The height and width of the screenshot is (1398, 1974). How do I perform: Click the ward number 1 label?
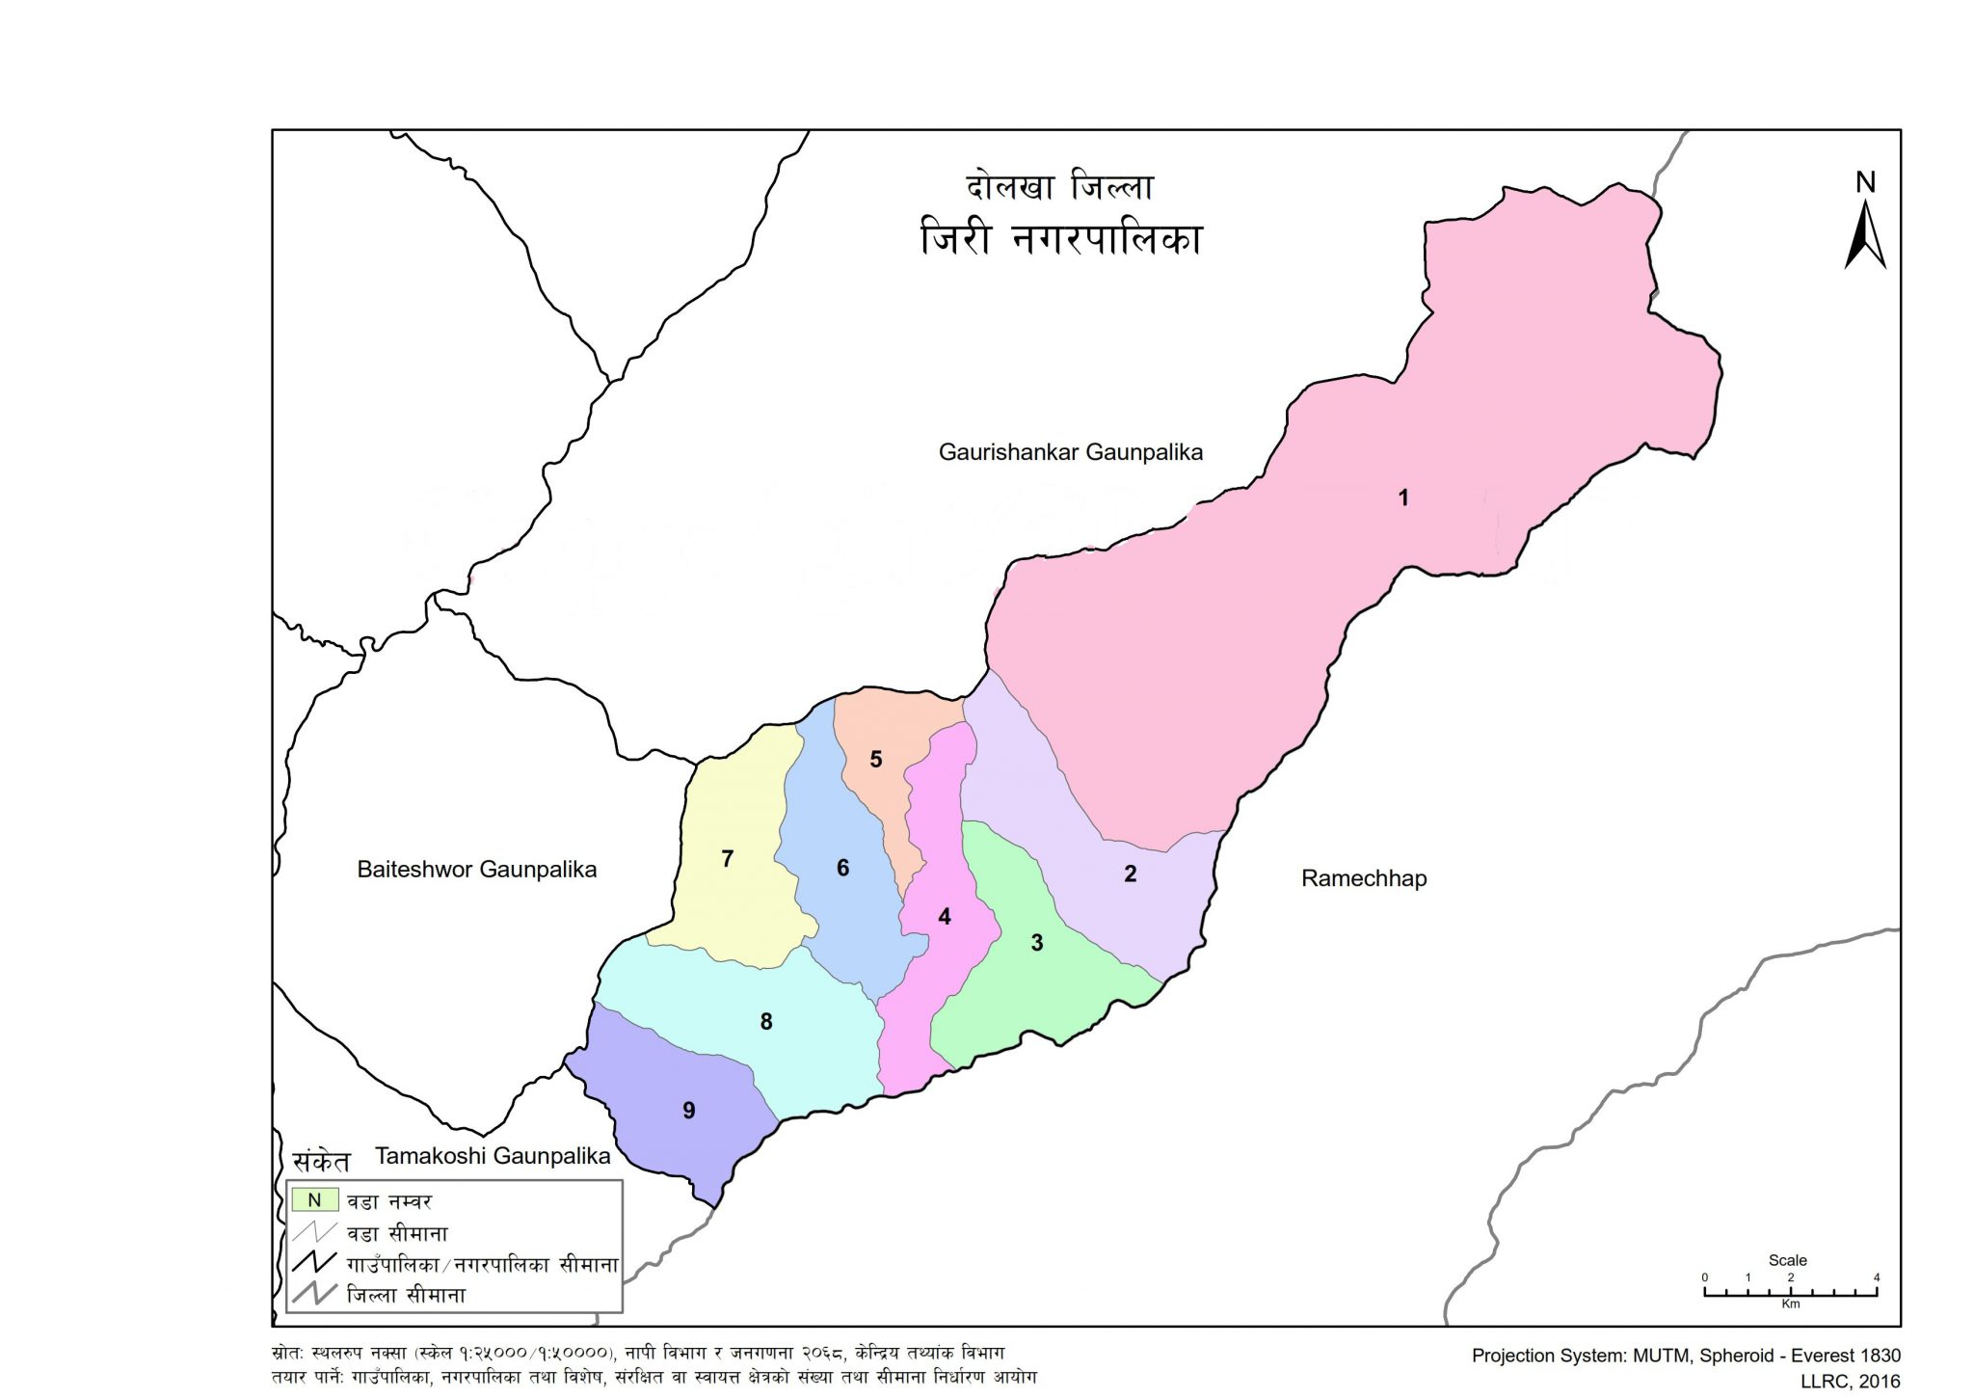1403,497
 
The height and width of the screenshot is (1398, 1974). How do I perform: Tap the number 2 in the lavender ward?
1130,874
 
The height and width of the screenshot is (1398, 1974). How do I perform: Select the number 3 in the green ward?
1037,943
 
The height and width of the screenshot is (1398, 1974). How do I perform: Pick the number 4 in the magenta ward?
945,916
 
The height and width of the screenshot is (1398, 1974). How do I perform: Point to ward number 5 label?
876,760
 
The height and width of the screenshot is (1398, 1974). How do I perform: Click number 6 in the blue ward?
842,868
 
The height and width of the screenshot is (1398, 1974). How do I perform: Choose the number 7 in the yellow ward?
728,858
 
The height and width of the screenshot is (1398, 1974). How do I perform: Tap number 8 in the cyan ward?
766,1021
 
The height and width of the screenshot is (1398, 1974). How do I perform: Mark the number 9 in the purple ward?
688,1111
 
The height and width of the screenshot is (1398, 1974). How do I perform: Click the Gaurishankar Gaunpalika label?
1070,452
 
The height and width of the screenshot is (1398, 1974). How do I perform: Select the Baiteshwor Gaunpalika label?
476,870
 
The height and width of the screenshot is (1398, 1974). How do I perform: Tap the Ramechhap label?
1363,878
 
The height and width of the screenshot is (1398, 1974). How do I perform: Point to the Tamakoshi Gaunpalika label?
493,1156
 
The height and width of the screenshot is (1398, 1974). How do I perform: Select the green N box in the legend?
314,1200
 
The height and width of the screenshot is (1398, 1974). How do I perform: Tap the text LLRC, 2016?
1850,1382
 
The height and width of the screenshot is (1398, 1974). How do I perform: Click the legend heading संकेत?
321,1161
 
